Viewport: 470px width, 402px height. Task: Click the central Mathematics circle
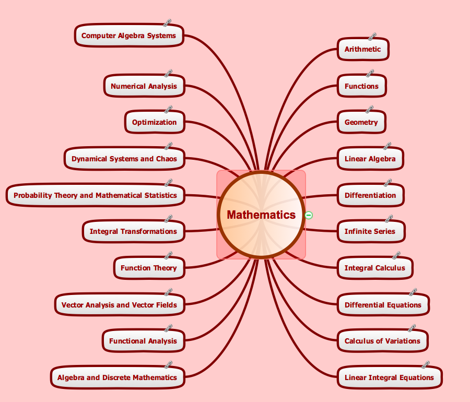coord(261,215)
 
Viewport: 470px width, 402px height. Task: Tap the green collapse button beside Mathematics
coord(309,215)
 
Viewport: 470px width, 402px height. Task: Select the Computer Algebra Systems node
coord(129,36)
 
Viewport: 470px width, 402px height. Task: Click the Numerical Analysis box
coord(144,86)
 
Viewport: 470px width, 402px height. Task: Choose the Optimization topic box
coord(154,122)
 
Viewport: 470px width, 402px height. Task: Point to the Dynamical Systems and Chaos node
coord(124,159)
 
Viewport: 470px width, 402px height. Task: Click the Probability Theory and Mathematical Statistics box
coord(95,195)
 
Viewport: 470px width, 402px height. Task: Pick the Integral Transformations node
coord(133,231)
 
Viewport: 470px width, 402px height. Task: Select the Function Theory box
coord(149,268)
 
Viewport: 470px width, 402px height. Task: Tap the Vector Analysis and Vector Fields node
coord(119,305)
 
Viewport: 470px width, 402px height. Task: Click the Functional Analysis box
coord(143,341)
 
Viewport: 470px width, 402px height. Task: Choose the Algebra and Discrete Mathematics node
coord(117,377)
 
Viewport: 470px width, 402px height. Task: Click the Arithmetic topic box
coord(362,50)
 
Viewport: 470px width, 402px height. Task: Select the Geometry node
coord(361,122)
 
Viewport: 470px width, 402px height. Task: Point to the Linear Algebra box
coord(370,159)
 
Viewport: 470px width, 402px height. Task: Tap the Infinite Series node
coord(370,231)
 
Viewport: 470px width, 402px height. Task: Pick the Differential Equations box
coord(383,305)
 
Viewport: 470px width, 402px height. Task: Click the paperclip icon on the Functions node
coord(370,74)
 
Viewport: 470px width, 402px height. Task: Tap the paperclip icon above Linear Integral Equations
coord(425,364)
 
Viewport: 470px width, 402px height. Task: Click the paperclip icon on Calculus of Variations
coord(411,328)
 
